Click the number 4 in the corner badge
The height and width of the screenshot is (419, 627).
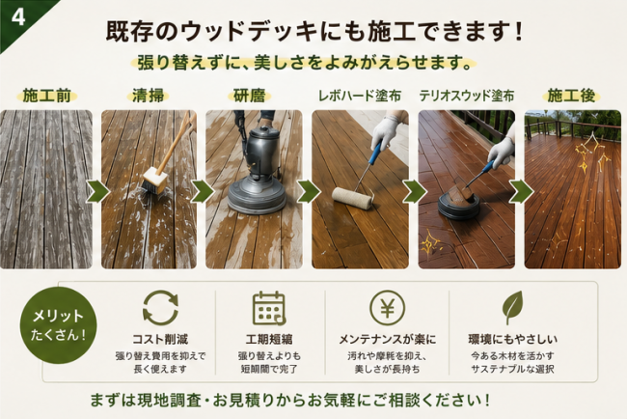(x=18, y=17)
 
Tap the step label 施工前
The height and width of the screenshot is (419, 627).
(x=47, y=96)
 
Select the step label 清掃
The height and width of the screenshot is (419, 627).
(x=149, y=96)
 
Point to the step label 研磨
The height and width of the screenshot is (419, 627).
(x=250, y=96)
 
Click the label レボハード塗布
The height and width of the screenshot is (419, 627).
(x=360, y=96)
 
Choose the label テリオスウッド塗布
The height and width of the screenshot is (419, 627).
(x=466, y=96)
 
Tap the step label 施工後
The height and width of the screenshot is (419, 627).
(x=571, y=96)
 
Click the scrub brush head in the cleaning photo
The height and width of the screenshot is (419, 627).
(x=154, y=182)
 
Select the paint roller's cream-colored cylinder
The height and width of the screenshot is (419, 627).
(x=352, y=198)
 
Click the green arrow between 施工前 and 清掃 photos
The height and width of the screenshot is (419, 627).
(x=97, y=192)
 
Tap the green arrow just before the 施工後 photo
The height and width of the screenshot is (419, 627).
(x=521, y=192)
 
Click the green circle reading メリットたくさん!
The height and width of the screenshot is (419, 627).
(x=59, y=325)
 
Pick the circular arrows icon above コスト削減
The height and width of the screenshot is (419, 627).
(x=160, y=308)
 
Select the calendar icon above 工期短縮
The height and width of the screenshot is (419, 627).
(x=269, y=308)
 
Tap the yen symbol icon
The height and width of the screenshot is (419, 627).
(x=387, y=308)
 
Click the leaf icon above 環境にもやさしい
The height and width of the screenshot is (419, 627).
(x=512, y=307)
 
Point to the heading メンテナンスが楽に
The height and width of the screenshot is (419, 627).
(x=387, y=340)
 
